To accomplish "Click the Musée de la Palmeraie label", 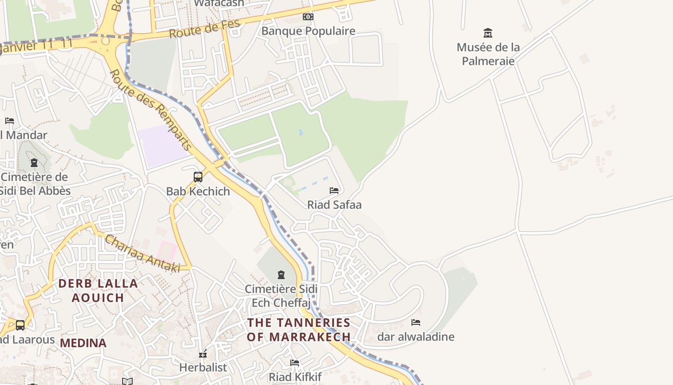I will (488, 54).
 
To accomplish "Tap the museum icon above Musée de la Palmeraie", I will (488, 33).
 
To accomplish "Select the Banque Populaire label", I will (308, 31).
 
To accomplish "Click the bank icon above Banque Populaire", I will (308, 17).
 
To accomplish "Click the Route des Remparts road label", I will (150, 110).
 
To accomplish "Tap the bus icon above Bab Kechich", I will (198, 177).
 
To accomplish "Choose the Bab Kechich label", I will (198, 191).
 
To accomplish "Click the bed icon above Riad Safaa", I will (334, 191).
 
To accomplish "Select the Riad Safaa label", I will (334, 205).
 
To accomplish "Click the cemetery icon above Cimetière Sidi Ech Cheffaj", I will (281, 275).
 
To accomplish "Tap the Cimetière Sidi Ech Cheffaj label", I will (281, 296).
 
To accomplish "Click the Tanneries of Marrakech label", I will (299, 330).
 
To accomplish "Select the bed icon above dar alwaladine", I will (416, 322).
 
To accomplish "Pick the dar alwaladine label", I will (416, 336).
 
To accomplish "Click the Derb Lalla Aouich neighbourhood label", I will (98, 290).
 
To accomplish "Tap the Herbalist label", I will (203, 367).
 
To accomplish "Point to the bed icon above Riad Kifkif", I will (295, 362).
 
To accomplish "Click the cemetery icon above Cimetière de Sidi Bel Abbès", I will (34, 163).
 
